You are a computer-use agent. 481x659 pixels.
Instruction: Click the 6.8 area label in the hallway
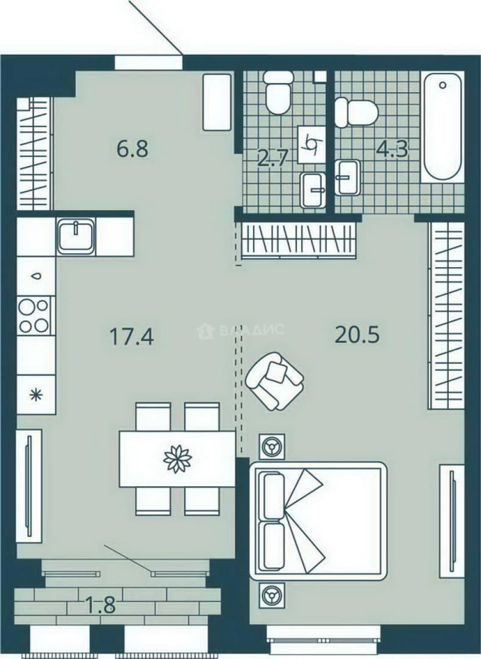point(133,149)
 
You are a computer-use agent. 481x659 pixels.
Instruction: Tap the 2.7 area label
point(273,159)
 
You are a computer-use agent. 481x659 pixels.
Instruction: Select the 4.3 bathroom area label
point(393,149)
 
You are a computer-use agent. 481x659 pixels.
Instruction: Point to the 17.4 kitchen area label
point(132,336)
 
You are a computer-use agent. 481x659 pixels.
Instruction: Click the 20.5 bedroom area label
point(357,334)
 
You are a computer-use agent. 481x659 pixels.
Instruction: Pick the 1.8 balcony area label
point(101,606)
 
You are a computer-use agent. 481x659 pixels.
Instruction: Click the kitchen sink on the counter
point(76,236)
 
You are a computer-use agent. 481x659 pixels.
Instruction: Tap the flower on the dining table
point(177,458)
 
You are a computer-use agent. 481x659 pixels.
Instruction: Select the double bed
point(318,520)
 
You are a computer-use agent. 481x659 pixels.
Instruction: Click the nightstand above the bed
point(271,446)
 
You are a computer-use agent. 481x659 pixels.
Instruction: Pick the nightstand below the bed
point(271,595)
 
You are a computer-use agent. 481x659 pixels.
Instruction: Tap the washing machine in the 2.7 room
point(312,144)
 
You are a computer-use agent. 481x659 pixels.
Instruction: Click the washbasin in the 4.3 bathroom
point(348,177)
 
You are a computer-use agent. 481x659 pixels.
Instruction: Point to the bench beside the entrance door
point(217,102)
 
